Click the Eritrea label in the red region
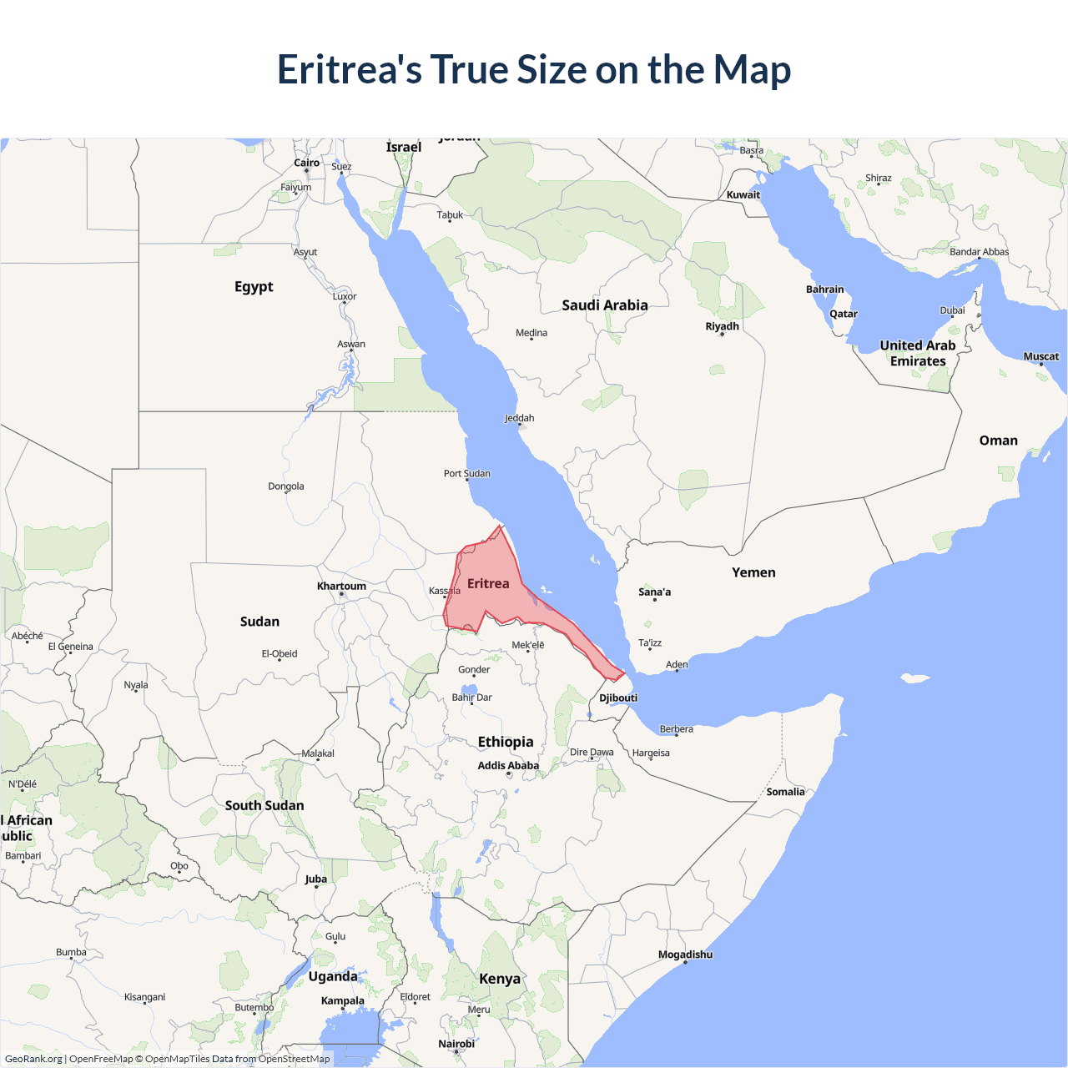488,584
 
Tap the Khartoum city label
341,586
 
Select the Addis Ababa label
508,765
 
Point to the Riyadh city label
722,326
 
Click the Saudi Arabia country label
605,305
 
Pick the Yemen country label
753,572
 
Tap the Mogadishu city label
685,955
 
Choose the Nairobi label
456,1044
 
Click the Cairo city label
306,163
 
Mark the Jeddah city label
519,418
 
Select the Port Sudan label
466,473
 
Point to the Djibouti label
618,698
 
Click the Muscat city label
1040,356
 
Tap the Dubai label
952,310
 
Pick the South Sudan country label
264,805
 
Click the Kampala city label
342,1000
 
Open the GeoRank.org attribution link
33,1059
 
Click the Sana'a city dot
655,600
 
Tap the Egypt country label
254,287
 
